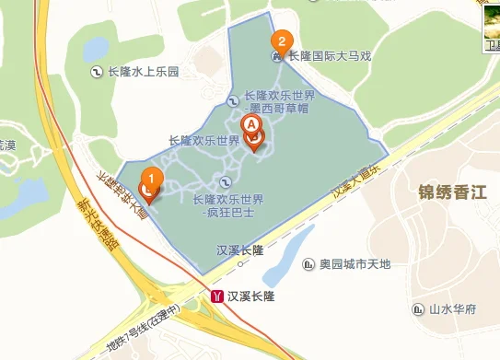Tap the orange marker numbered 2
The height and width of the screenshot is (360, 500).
point(281,41)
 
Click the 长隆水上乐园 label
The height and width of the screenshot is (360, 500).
point(142,71)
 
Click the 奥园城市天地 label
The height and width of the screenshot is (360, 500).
point(355,264)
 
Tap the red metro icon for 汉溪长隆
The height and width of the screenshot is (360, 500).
point(217,296)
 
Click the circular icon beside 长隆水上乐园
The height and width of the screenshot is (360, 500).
point(97,71)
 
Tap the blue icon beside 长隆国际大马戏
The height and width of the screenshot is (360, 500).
point(276,57)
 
